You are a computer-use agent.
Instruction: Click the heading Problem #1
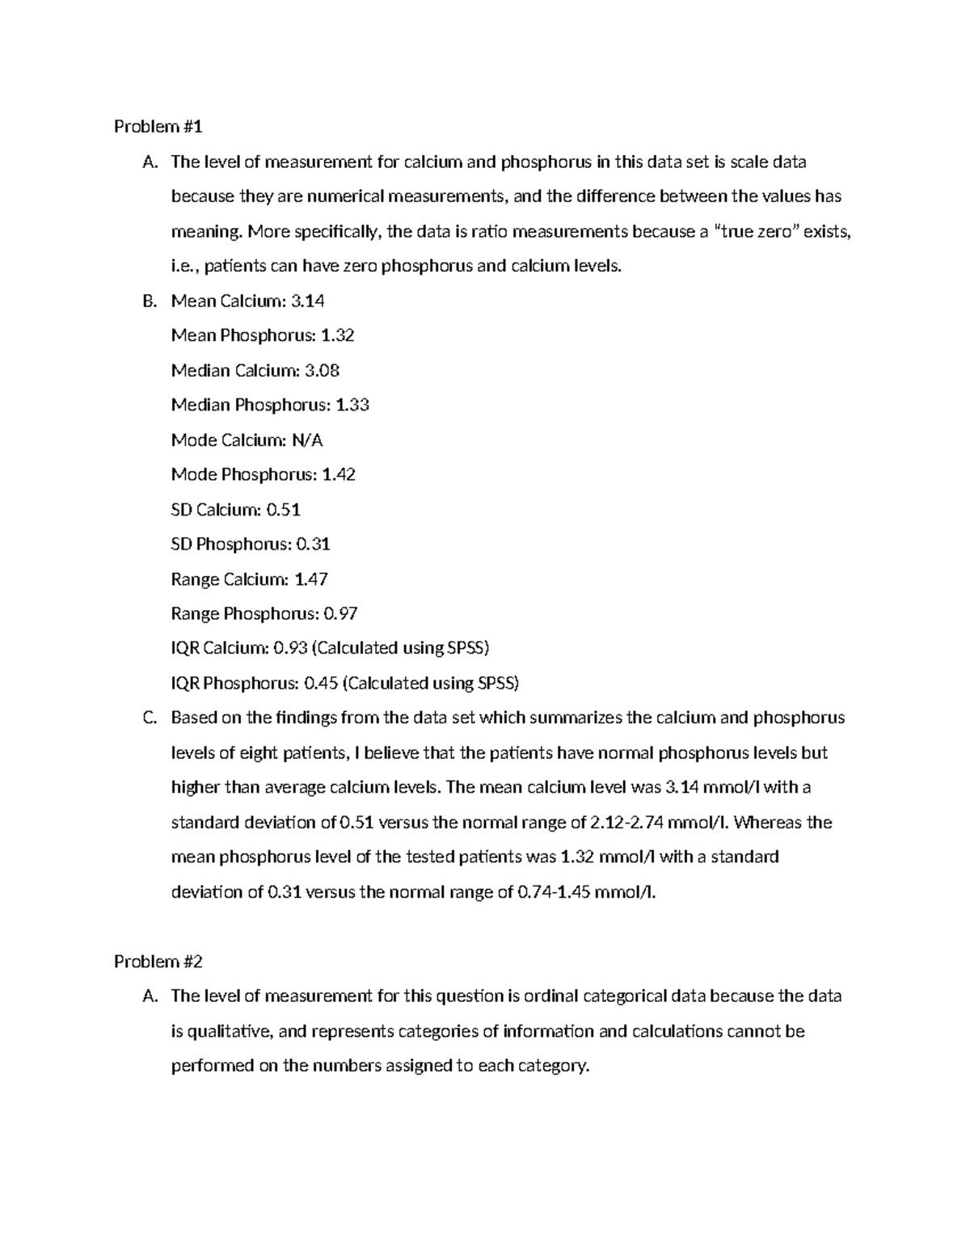[x=158, y=127]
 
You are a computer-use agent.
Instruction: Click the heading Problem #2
[x=158, y=962]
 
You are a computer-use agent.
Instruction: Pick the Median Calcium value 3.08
[x=322, y=371]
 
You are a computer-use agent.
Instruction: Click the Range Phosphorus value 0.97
[x=340, y=614]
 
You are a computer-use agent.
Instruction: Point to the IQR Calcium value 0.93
[x=290, y=648]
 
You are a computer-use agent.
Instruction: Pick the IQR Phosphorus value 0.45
[x=320, y=684]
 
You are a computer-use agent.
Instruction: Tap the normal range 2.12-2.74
[x=631, y=823]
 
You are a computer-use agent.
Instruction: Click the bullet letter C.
[x=148, y=718]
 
